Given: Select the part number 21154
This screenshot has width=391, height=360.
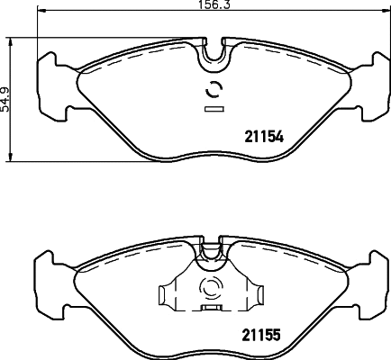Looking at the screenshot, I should [x=265, y=138].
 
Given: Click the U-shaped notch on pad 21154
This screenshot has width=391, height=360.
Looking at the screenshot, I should [x=214, y=55].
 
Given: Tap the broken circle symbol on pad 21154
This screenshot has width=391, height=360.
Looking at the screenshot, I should [x=214, y=90].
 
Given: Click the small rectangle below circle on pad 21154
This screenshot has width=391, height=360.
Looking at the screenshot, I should [x=214, y=111].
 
